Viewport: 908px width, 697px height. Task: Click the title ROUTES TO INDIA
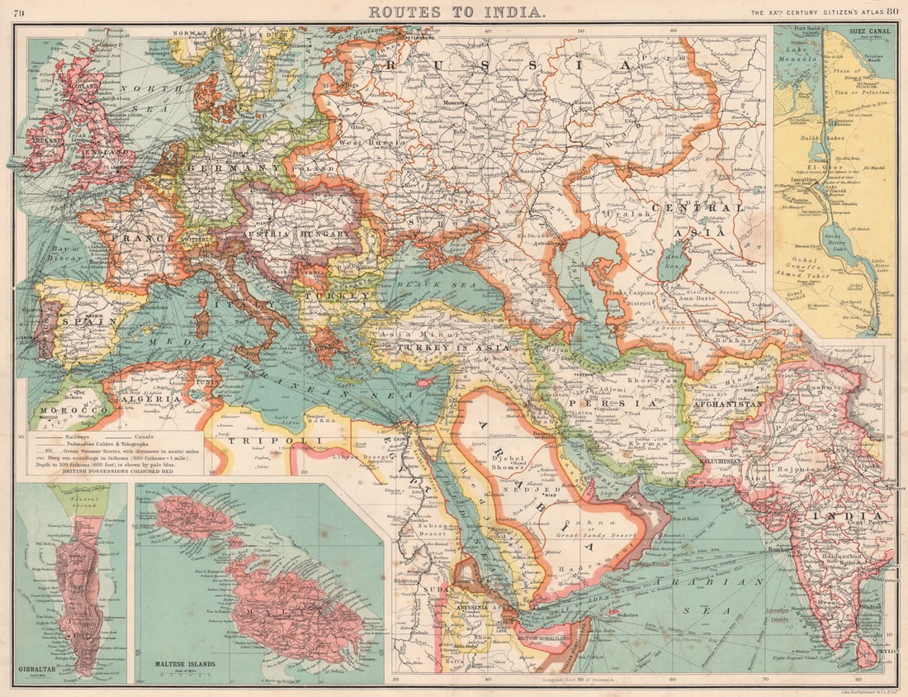pos(456,12)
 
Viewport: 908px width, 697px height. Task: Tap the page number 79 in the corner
pos(18,12)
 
